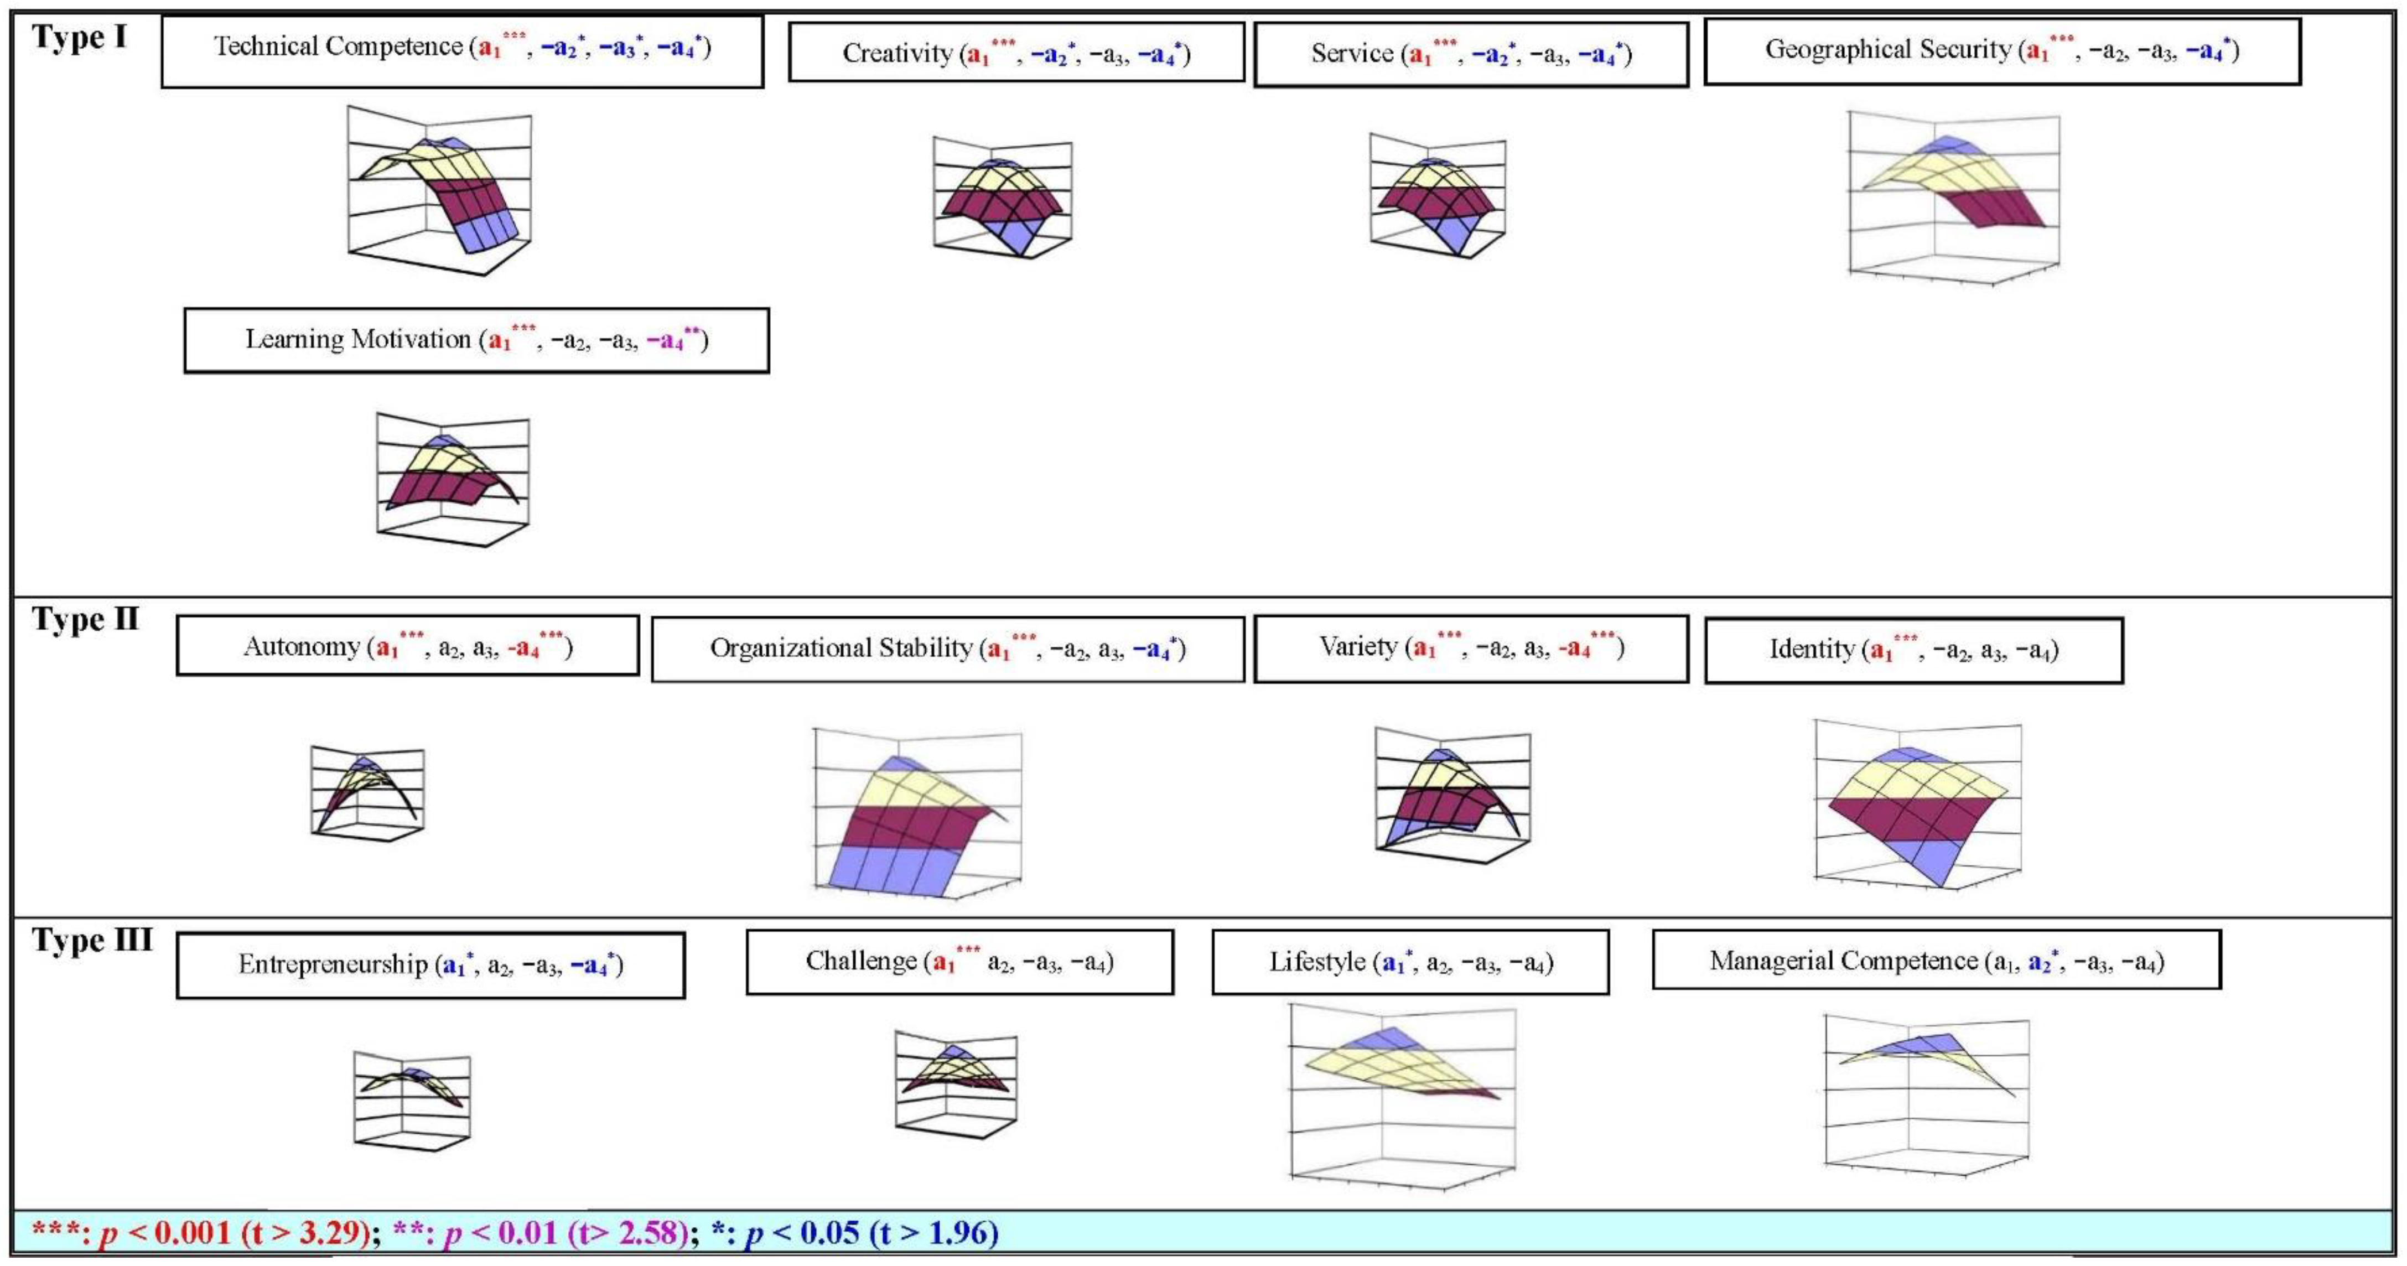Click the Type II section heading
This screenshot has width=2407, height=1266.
[x=85, y=620]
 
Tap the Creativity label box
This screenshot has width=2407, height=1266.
[x=1016, y=53]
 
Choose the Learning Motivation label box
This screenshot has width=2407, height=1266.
[x=476, y=340]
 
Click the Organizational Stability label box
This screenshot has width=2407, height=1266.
[x=947, y=648]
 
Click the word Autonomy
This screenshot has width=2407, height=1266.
[x=302, y=646]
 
